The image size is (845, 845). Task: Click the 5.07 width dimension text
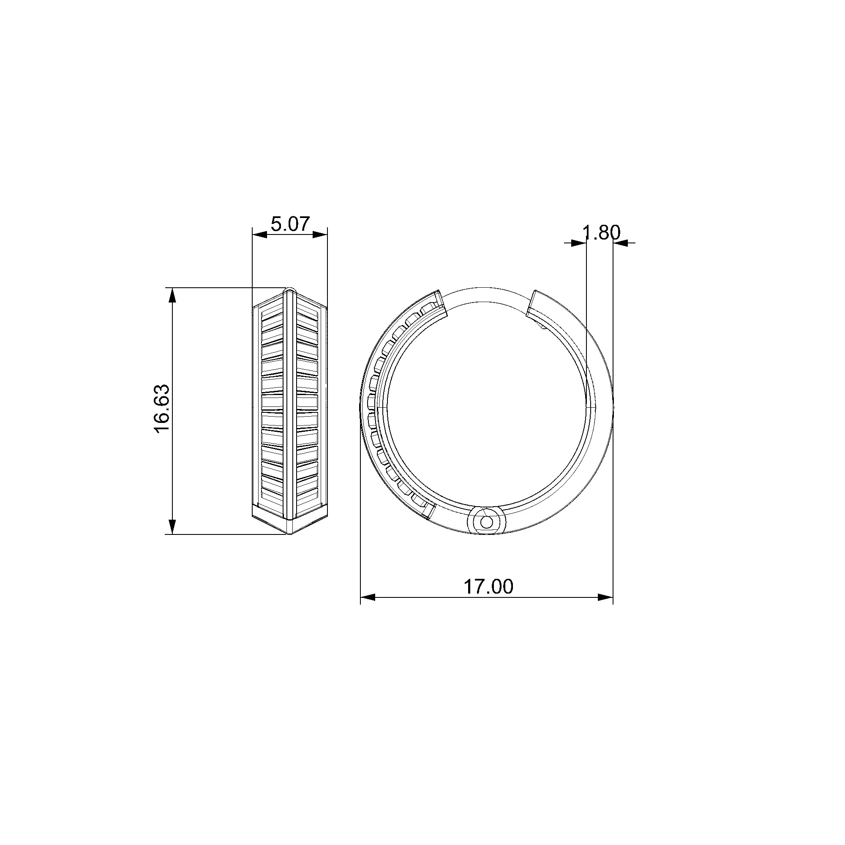(x=290, y=224)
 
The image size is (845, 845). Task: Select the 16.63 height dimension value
(x=162, y=409)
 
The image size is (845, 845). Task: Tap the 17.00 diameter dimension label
(x=488, y=586)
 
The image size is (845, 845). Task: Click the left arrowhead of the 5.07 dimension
(x=260, y=235)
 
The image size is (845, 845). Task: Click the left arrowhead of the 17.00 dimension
(x=368, y=597)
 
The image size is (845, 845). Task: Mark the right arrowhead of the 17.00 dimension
(x=605, y=597)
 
